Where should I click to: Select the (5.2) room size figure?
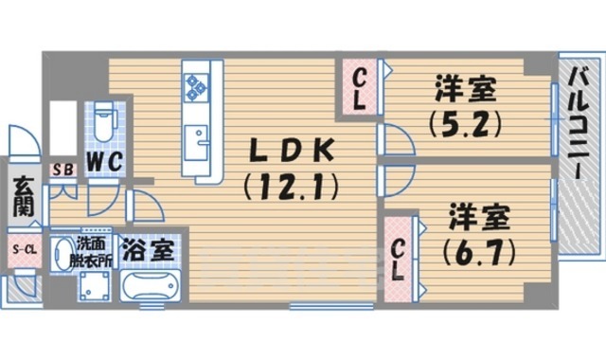pyautogui.click(x=464, y=122)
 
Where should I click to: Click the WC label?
pyautogui.click(x=104, y=161)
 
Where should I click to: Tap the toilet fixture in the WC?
pyautogui.click(x=106, y=120)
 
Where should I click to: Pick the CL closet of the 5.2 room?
pyautogui.click(x=362, y=89)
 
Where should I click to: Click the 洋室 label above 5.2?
pyautogui.click(x=464, y=89)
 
